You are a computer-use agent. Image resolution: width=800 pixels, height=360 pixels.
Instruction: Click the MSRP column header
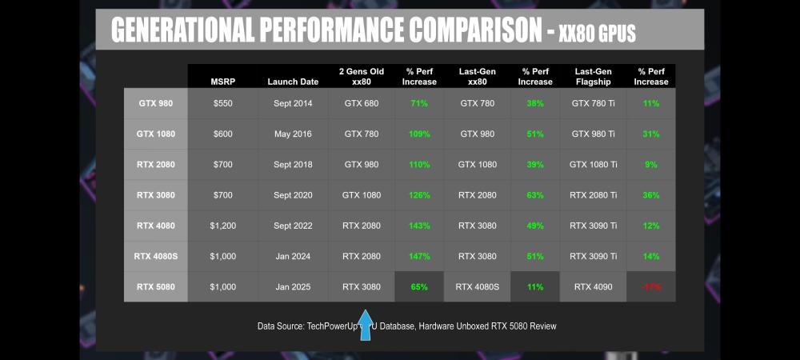[223, 81]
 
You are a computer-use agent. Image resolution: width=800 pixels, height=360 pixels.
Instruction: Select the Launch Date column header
[293, 81]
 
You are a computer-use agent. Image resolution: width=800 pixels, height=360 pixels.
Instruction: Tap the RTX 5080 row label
[155, 286]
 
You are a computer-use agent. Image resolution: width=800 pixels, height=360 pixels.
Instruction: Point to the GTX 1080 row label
[155, 134]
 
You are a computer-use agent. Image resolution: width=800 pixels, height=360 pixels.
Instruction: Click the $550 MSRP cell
[223, 103]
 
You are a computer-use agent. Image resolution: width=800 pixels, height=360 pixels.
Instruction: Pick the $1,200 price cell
[223, 226]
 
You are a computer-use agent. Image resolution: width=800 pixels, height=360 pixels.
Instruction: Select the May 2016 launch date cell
[293, 134]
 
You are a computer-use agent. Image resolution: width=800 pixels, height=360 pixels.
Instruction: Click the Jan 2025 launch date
[293, 286]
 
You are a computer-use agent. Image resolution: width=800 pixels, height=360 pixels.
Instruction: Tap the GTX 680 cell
[362, 103]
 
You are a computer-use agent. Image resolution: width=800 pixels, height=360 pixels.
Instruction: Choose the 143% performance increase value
[419, 226]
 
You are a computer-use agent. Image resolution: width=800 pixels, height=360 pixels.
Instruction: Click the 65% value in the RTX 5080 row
[419, 286]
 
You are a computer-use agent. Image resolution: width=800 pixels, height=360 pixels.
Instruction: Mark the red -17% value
[650, 286]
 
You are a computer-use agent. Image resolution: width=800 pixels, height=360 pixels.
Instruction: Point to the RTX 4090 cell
[594, 286]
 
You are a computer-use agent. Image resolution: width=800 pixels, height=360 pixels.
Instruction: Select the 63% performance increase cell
[534, 195]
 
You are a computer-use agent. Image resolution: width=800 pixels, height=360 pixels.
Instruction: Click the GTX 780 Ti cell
[594, 103]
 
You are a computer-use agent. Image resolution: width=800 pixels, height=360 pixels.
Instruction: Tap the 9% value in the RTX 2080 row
[650, 165]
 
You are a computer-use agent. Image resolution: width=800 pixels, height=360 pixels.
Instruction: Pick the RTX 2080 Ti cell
[594, 195]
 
